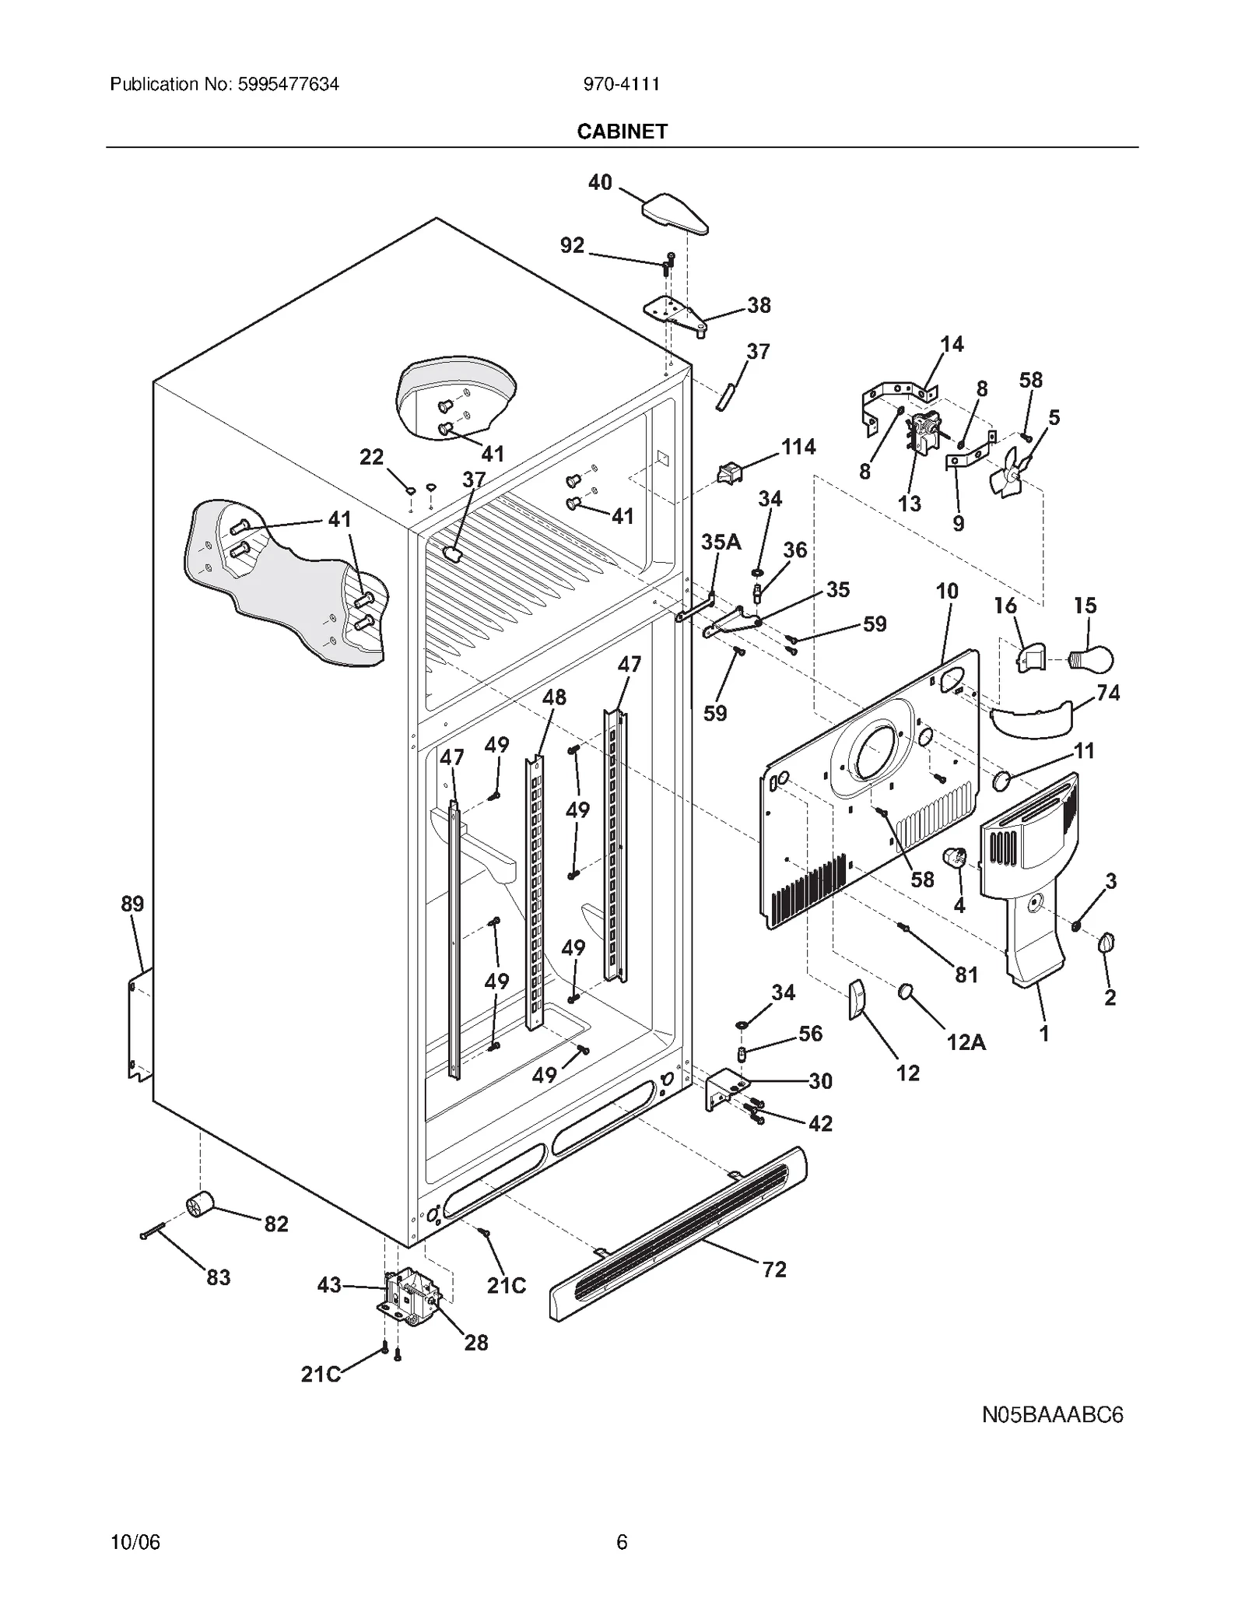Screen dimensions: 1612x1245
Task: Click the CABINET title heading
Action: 622,132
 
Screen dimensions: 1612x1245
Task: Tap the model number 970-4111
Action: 622,84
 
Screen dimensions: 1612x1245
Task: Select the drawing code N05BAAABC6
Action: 1052,1414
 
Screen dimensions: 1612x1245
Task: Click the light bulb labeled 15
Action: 1093,659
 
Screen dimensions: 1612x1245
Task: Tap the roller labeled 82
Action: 201,1206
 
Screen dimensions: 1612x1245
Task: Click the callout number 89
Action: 132,904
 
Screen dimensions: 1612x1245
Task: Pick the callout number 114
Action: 798,446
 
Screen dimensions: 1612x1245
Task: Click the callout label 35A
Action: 721,542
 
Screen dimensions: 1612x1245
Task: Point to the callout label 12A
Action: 966,1042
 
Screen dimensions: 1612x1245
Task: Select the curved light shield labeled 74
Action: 1033,718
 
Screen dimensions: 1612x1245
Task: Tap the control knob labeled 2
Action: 1107,944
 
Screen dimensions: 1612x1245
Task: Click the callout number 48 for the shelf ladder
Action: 554,697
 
